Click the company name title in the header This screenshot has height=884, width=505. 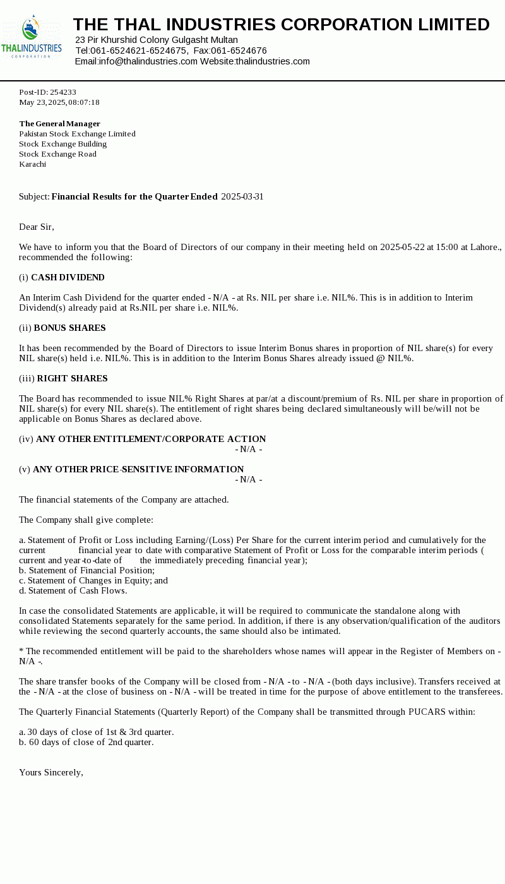click(x=281, y=25)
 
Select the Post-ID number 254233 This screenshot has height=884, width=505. click(x=63, y=92)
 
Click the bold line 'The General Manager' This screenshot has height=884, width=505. click(x=59, y=124)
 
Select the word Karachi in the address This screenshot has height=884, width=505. click(x=33, y=164)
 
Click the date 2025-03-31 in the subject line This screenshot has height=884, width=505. click(x=242, y=196)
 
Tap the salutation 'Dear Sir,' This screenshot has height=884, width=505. click(x=37, y=227)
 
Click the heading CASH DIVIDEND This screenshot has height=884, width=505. click(x=68, y=277)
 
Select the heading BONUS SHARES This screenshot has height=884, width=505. click(x=69, y=328)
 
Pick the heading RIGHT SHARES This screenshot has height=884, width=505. click(x=72, y=378)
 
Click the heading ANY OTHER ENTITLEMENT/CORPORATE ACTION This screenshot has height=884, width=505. click(x=151, y=439)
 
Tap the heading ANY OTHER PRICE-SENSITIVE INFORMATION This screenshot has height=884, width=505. click(x=138, y=469)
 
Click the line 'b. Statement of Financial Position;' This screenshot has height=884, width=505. click(x=86, y=570)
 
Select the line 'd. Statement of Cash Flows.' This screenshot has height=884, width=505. click(x=73, y=590)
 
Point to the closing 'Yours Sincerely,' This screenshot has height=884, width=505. click(x=51, y=772)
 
